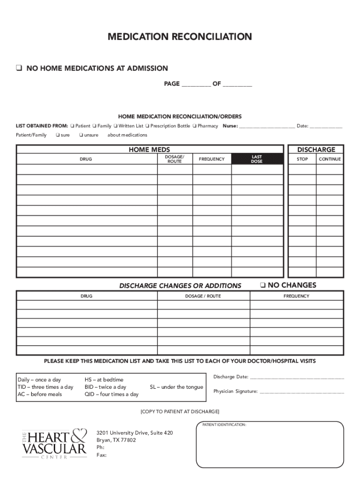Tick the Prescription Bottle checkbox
pos(147,126)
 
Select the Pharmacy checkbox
pos(194,126)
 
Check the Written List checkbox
pos(115,126)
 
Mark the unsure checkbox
pos(81,135)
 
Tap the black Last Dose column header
pos(257,159)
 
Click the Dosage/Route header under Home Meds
pos(174,159)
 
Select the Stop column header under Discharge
pos(302,159)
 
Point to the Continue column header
pos(330,159)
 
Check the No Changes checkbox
pos(263,285)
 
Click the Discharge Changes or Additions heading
pos(180,286)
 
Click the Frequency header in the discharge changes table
pos(296,296)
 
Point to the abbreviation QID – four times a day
pos(111,394)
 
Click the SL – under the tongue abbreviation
pos(176,387)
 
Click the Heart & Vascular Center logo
pos(54,443)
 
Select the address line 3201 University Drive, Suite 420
pos(135,433)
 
